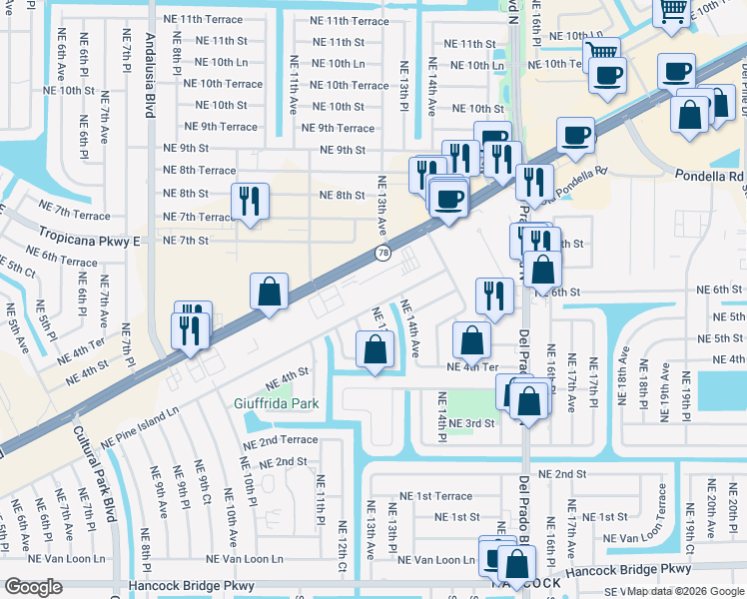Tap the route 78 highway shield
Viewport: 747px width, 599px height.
382,254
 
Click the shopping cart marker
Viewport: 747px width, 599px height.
672,12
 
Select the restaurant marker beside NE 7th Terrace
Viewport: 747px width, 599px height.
250,202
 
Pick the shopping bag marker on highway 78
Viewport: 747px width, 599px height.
269,293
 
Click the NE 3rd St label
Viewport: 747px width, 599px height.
471,423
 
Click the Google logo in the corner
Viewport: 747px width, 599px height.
33,587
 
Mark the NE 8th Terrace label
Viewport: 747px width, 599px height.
199,171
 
